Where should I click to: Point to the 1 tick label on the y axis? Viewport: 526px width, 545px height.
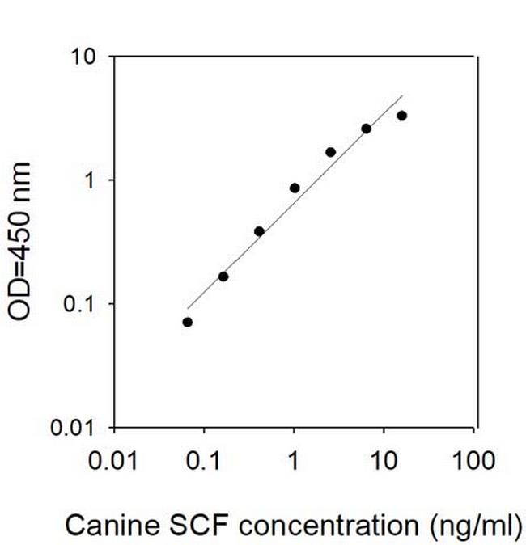click(92, 180)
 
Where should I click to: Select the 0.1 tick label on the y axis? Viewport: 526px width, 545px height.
click(82, 304)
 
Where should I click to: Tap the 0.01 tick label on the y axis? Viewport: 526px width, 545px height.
click(76, 427)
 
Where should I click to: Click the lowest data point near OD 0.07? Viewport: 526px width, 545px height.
click(188, 322)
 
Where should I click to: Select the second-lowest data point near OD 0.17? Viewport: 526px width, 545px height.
click(223, 277)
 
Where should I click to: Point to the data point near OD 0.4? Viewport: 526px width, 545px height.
click(259, 231)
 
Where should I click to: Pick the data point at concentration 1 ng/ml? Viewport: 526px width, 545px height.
click(295, 188)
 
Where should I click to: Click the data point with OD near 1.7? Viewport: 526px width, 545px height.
click(330, 152)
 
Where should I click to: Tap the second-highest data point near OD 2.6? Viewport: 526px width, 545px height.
click(366, 129)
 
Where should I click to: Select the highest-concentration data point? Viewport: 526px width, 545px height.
click(401, 116)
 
